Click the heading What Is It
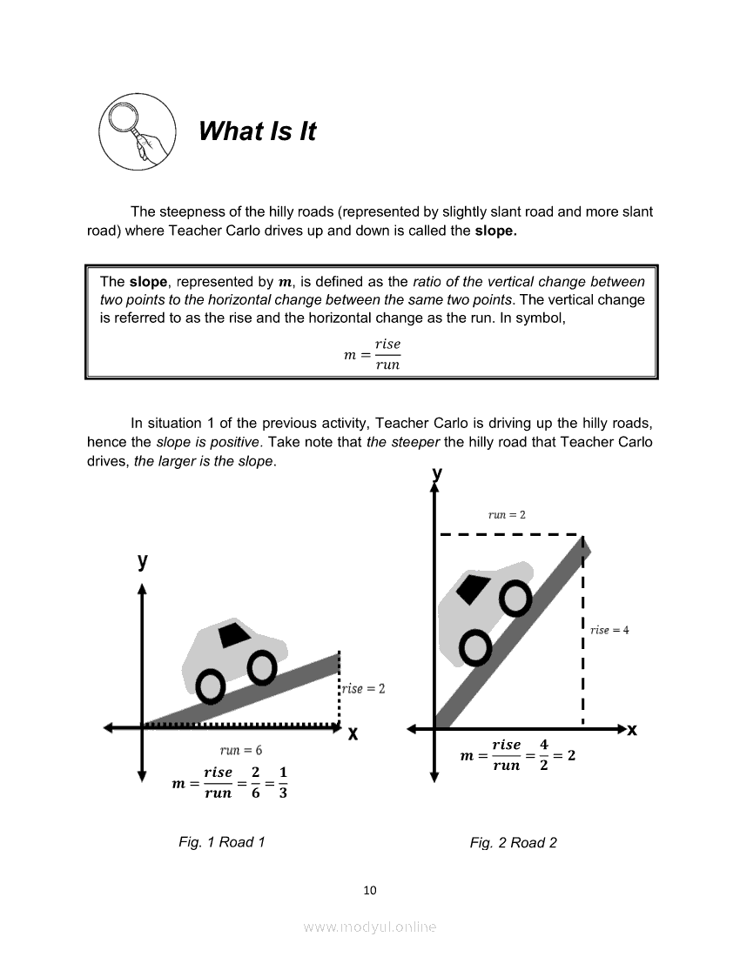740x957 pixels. click(x=257, y=131)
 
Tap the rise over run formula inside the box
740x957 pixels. click(x=373, y=355)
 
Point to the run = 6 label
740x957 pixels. click(x=241, y=750)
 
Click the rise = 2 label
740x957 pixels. click(x=363, y=688)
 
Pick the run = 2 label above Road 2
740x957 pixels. click(x=507, y=514)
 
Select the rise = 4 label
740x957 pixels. click(x=609, y=630)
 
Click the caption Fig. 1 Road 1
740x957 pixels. click(x=221, y=841)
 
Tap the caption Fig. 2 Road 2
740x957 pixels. click(x=513, y=842)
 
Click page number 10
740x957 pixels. click(x=370, y=889)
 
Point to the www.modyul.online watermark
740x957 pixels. click(x=370, y=927)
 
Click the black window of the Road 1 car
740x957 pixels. click(x=233, y=635)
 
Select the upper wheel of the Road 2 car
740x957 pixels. click(x=515, y=598)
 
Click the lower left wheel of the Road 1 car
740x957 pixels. click(x=211, y=686)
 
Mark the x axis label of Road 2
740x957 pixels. click(x=632, y=730)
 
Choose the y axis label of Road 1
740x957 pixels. click(x=142, y=561)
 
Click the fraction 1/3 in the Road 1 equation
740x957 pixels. click(x=283, y=782)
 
